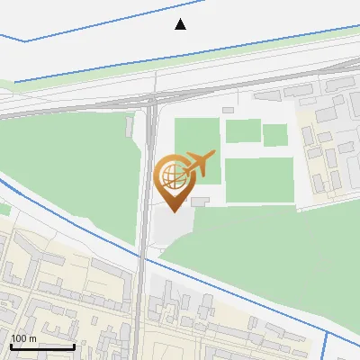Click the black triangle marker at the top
(181, 24)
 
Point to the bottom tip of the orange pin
(174, 211)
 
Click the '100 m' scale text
(23, 338)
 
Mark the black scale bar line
(42, 346)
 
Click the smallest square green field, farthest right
(275, 135)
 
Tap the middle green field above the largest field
(242, 131)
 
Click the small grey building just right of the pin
(200, 202)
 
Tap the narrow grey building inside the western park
(131, 125)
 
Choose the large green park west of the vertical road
(72, 171)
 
